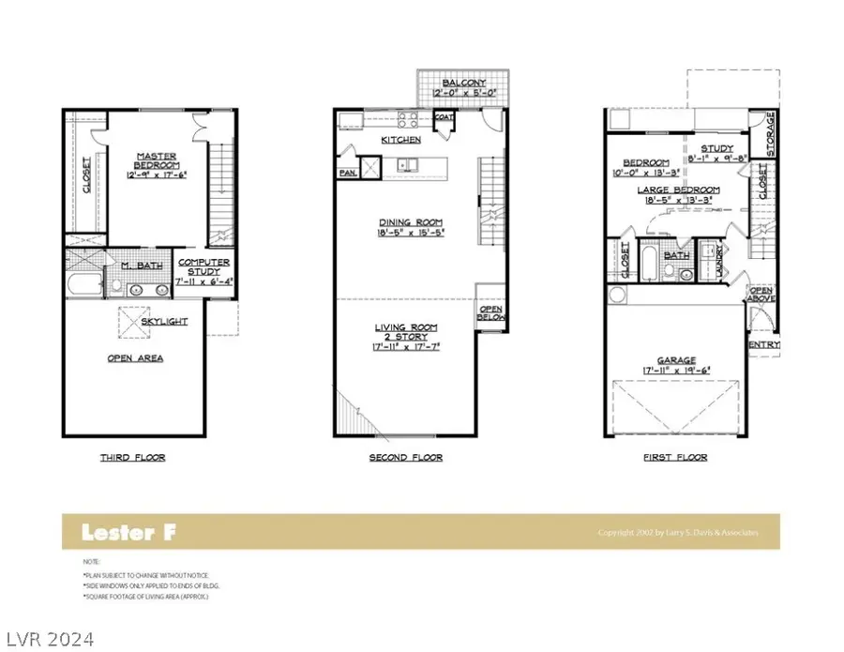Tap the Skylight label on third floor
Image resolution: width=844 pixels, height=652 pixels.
tap(164, 321)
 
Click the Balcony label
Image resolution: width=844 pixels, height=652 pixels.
tap(463, 83)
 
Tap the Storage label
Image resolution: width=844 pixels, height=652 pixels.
tap(772, 123)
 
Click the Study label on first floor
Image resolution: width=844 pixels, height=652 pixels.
tap(716, 147)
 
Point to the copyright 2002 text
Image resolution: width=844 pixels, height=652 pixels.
tap(678, 533)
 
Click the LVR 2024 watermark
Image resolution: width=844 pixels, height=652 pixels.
tap(48, 639)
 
